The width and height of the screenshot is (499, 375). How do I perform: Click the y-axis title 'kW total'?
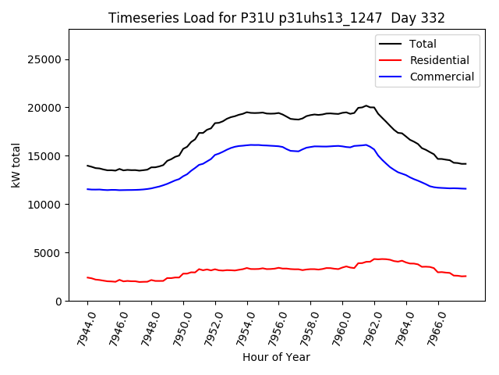[16, 165]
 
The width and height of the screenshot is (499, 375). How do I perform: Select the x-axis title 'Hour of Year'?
[276, 357]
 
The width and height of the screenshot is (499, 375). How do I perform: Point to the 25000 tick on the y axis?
[48, 59]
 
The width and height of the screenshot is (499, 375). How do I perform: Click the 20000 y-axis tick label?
[48, 108]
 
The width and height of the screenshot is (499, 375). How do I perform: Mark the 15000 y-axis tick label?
[48, 156]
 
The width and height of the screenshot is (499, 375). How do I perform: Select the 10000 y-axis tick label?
[48, 205]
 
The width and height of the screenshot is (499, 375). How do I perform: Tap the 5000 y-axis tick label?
[51, 253]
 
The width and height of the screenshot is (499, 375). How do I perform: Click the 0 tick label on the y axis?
[59, 302]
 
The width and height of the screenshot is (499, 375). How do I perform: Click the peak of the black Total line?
[366, 105]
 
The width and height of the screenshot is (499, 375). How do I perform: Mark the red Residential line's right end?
[465, 276]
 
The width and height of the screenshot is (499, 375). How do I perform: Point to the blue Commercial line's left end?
[87, 189]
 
